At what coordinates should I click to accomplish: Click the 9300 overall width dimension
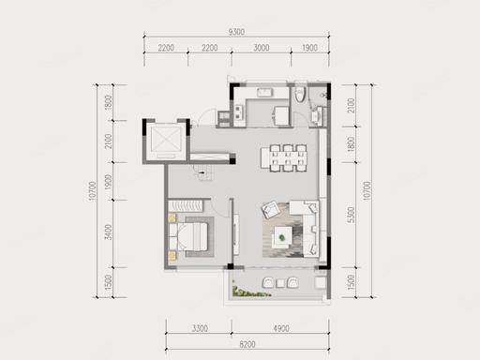pyautogui.click(x=236, y=32)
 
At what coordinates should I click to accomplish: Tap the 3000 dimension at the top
pyautogui.click(x=262, y=48)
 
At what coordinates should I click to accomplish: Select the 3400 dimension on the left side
pyautogui.click(x=108, y=232)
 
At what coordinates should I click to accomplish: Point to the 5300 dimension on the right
pyautogui.click(x=351, y=215)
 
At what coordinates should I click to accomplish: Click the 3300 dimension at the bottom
pyautogui.click(x=200, y=328)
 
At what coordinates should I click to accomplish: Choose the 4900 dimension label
pyautogui.click(x=281, y=328)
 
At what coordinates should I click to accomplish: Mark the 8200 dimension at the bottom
pyautogui.click(x=247, y=344)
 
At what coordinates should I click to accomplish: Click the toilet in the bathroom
pyautogui.click(x=300, y=93)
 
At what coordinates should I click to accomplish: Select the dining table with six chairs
pyautogui.click(x=284, y=157)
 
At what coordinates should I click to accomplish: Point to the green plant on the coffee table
pyautogui.click(x=282, y=237)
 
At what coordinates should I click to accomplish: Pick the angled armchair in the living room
pyautogui.click(x=271, y=209)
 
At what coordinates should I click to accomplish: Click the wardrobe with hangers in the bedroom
pyautogui.click(x=186, y=206)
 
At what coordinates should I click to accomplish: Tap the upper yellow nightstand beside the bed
pyautogui.click(x=172, y=217)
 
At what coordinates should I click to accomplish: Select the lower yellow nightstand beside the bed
pyautogui.click(x=172, y=256)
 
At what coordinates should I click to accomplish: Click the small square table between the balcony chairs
pyautogui.click(x=280, y=283)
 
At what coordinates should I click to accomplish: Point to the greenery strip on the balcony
pyautogui.click(x=250, y=292)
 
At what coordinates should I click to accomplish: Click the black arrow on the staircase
pyautogui.click(x=202, y=172)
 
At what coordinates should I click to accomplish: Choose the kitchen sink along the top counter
pyautogui.click(x=264, y=93)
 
